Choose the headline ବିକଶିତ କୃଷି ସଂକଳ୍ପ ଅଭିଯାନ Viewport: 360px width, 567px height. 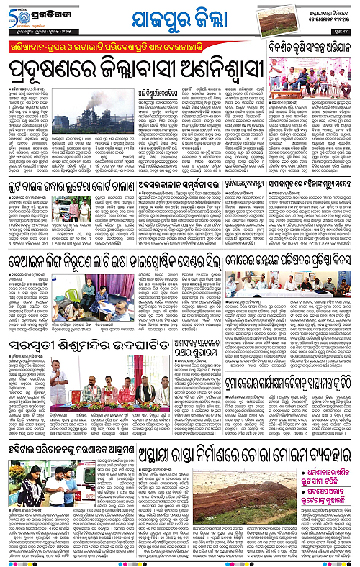pyautogui.click(x=310, y=48)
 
